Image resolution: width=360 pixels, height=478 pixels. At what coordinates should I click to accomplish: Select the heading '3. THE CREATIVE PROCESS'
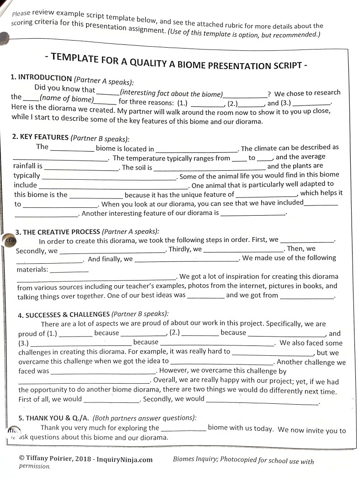pos(58,232)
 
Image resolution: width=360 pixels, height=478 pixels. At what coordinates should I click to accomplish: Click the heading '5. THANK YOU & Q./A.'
pos(54,418)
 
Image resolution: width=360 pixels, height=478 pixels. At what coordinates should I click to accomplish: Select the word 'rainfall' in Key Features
pos(26,166)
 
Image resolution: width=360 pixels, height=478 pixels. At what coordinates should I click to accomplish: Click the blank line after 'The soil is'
pos(209,167)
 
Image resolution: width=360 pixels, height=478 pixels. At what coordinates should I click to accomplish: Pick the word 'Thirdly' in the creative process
pos(179,249)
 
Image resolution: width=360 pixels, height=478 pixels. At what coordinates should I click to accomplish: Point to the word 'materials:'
pos(32,270)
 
